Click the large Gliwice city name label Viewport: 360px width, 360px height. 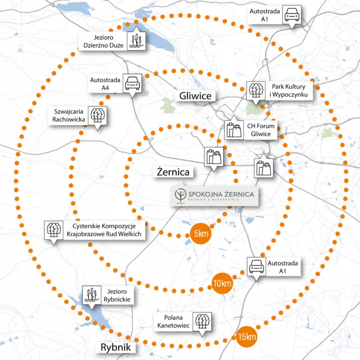tap(195, 96)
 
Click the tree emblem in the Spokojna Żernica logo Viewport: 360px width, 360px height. tap(180, 195)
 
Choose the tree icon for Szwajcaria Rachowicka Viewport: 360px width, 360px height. tap(97, 115)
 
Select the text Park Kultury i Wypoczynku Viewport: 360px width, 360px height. tap(288, 90)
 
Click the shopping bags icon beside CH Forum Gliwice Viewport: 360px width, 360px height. tap(233, 130)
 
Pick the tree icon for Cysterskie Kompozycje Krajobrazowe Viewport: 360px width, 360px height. tap(53, 230)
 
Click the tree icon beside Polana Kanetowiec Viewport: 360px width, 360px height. tap(202, 322)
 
